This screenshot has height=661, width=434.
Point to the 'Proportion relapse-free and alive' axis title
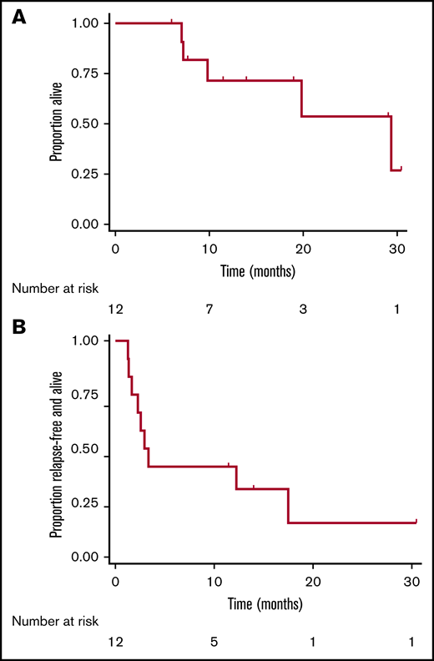coord(56,449)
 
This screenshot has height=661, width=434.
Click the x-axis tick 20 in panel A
coord(302,249)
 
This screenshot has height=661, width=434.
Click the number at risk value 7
coord(209,310)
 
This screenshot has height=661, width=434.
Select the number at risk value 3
coord(302,310)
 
